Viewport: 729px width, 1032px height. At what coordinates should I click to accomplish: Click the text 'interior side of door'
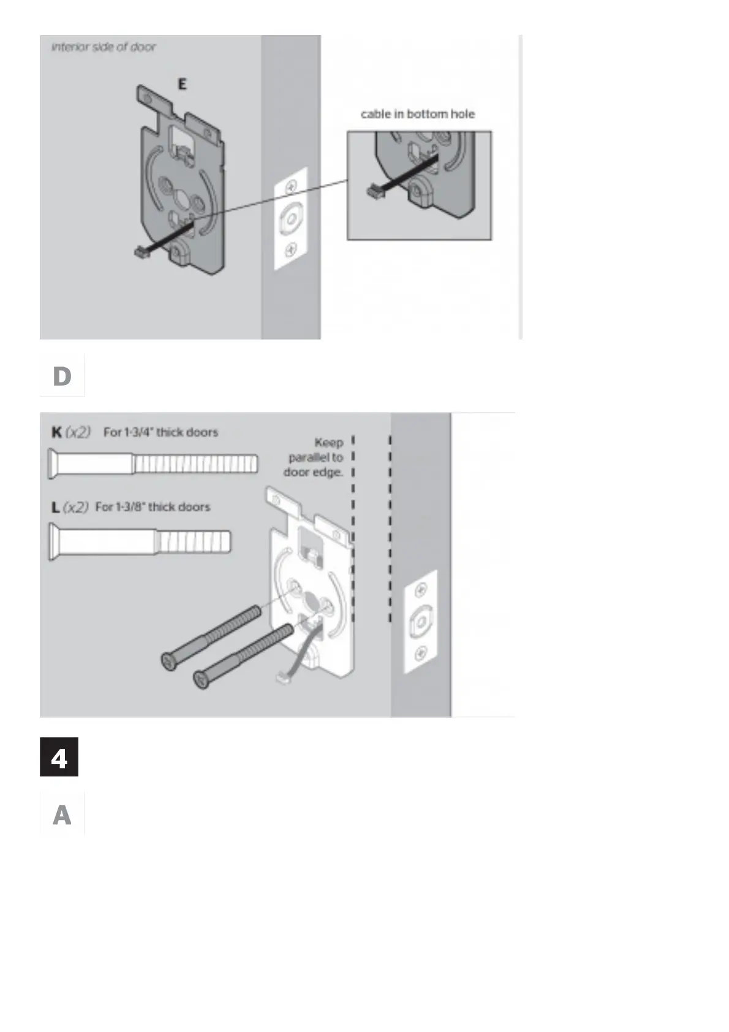point(104,47)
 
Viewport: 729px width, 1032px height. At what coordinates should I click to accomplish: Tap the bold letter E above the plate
point(182,85)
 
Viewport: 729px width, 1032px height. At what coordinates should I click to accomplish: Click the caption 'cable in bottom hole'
point(418,114)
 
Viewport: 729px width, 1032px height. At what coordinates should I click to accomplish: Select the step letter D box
point(62,376)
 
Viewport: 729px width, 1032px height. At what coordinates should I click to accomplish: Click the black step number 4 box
point(59,758)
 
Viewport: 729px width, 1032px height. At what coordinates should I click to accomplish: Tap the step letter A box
point(62,815)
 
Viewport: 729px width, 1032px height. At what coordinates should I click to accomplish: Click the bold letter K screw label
point(56,432)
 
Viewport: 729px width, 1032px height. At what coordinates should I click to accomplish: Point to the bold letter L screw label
point(56,507)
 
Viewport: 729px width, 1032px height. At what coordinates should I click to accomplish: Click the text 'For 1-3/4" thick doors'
point(161,432)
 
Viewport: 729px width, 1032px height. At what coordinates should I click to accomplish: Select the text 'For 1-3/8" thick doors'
point(153,507)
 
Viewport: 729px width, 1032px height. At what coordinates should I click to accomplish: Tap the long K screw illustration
point(153,464)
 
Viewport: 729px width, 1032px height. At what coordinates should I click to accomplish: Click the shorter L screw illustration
point(140,542)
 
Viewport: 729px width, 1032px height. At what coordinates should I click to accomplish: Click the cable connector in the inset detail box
point(373,191)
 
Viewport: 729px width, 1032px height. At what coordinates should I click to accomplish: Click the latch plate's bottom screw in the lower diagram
point(421,653)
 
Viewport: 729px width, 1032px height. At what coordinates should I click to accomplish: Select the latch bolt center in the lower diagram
point(421,623)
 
